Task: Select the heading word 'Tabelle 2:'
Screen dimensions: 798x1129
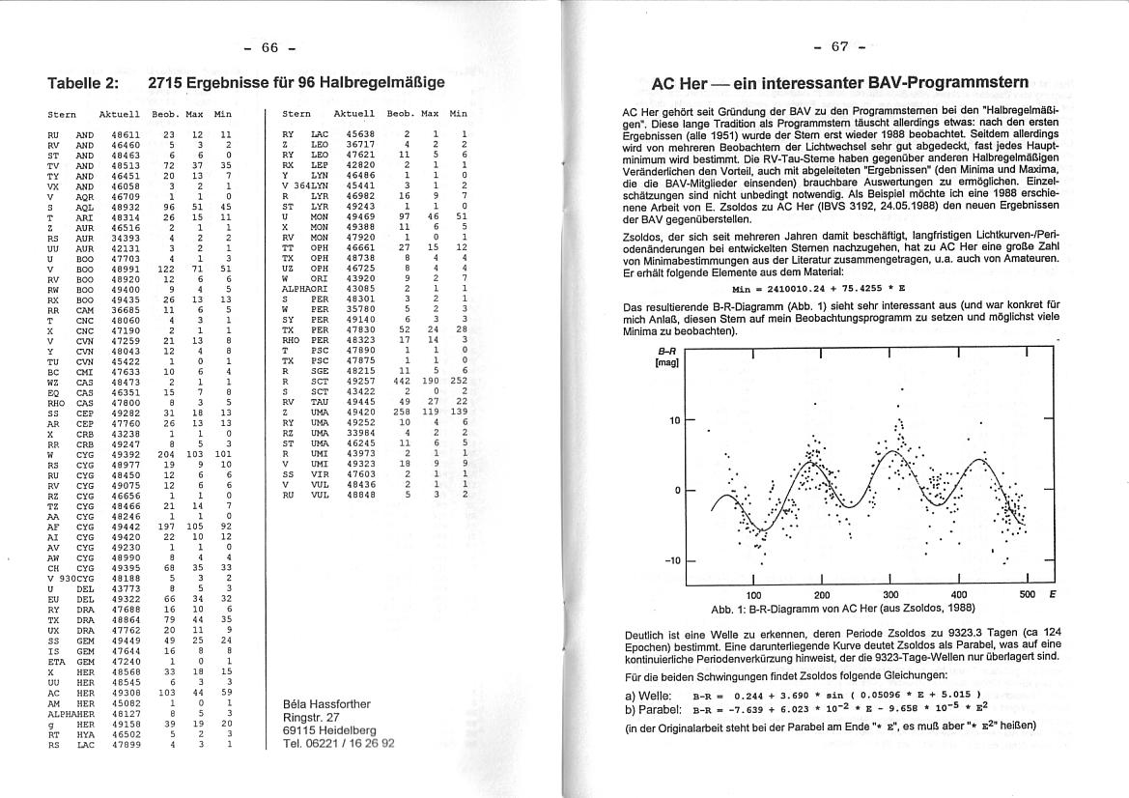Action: click(x=83, y=83)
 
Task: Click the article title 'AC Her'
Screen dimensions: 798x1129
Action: click(x=680, y=84)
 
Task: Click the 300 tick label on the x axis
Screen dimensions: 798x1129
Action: click(x=890, y=594)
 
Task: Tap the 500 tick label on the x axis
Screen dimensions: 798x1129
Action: click(x=1026, y=594)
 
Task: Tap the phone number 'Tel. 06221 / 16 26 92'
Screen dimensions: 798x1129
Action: click(x=339, y=744)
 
